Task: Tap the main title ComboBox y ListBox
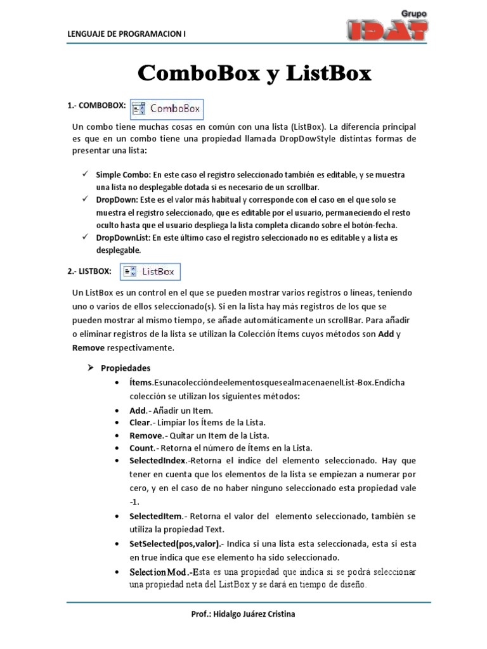255,73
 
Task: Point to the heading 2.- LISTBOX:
89,271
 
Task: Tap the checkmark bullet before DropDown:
84,199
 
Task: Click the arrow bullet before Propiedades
89,368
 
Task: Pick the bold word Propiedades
126,368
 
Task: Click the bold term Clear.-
143,423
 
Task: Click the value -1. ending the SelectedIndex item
134,501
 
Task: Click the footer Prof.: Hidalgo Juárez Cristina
243,614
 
